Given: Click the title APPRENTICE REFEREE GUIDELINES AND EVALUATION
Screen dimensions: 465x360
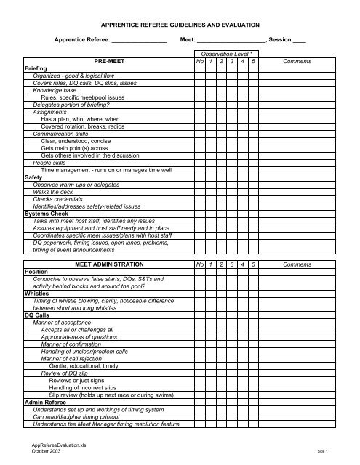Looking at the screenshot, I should coord(180,23).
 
